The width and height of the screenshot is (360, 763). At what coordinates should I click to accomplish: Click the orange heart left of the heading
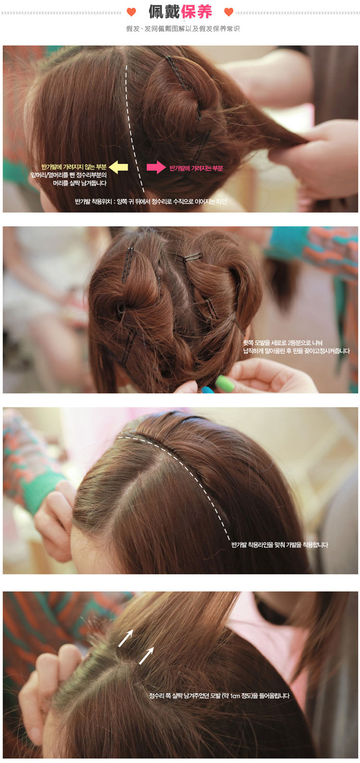pyautogui.click(x=131, y=12)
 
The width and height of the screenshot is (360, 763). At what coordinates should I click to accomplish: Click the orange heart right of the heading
pyautogui.click(x=229, y=12)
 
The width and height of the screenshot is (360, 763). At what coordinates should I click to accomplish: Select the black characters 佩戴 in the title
pyautogui.click(x=164, y=12)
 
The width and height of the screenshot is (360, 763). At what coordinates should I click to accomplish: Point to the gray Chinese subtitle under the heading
pyautogui.click(x=183, y=29)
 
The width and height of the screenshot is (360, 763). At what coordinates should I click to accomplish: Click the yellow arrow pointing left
pyautogui.click(x=119, y=167)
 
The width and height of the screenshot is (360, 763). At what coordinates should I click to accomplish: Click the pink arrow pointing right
pyautogui.click(x=156, y=167)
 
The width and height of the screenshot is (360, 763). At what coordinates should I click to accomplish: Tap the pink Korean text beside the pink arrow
pyautogui.click(x=196, y=168)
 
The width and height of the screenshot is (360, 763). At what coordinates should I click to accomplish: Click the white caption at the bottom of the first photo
pyautogui.click(x=151, y=202)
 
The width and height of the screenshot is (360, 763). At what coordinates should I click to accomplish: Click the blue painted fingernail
pyautogui.click(x=207, y=390)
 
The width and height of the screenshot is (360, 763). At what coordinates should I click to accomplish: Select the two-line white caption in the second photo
pyautogui.click(x=296, y=347)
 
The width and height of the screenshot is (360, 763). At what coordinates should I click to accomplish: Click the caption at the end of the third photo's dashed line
pyautogui.click(x=280, y=545)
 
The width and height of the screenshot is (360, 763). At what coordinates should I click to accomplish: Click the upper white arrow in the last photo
pyautogui.click(x=126, y=638)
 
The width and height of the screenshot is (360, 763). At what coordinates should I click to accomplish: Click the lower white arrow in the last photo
pyautogui.click(x=146, y=656)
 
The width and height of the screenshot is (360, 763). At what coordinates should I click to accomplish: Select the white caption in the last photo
pyautogui.click(x=219, y=696)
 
